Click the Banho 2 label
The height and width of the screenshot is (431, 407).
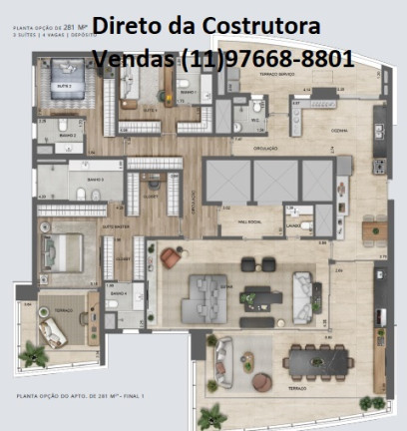click(67, 135)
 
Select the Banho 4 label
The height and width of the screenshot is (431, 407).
click(118, 294)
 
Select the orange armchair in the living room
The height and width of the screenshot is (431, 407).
click(172, 258)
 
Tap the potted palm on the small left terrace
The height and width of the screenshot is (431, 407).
click(36, 352)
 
